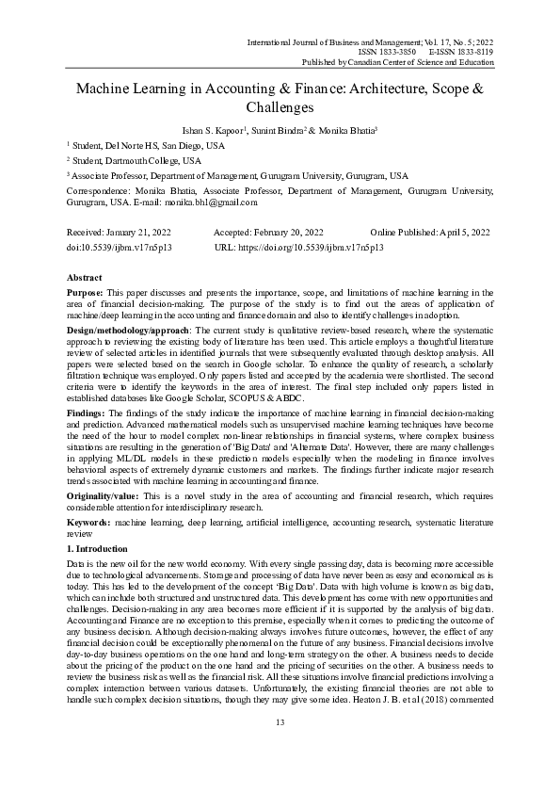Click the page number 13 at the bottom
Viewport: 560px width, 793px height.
tap(280, 750)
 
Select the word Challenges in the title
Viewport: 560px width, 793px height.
tap(280, 108)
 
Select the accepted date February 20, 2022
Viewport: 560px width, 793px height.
tap(284, 232)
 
